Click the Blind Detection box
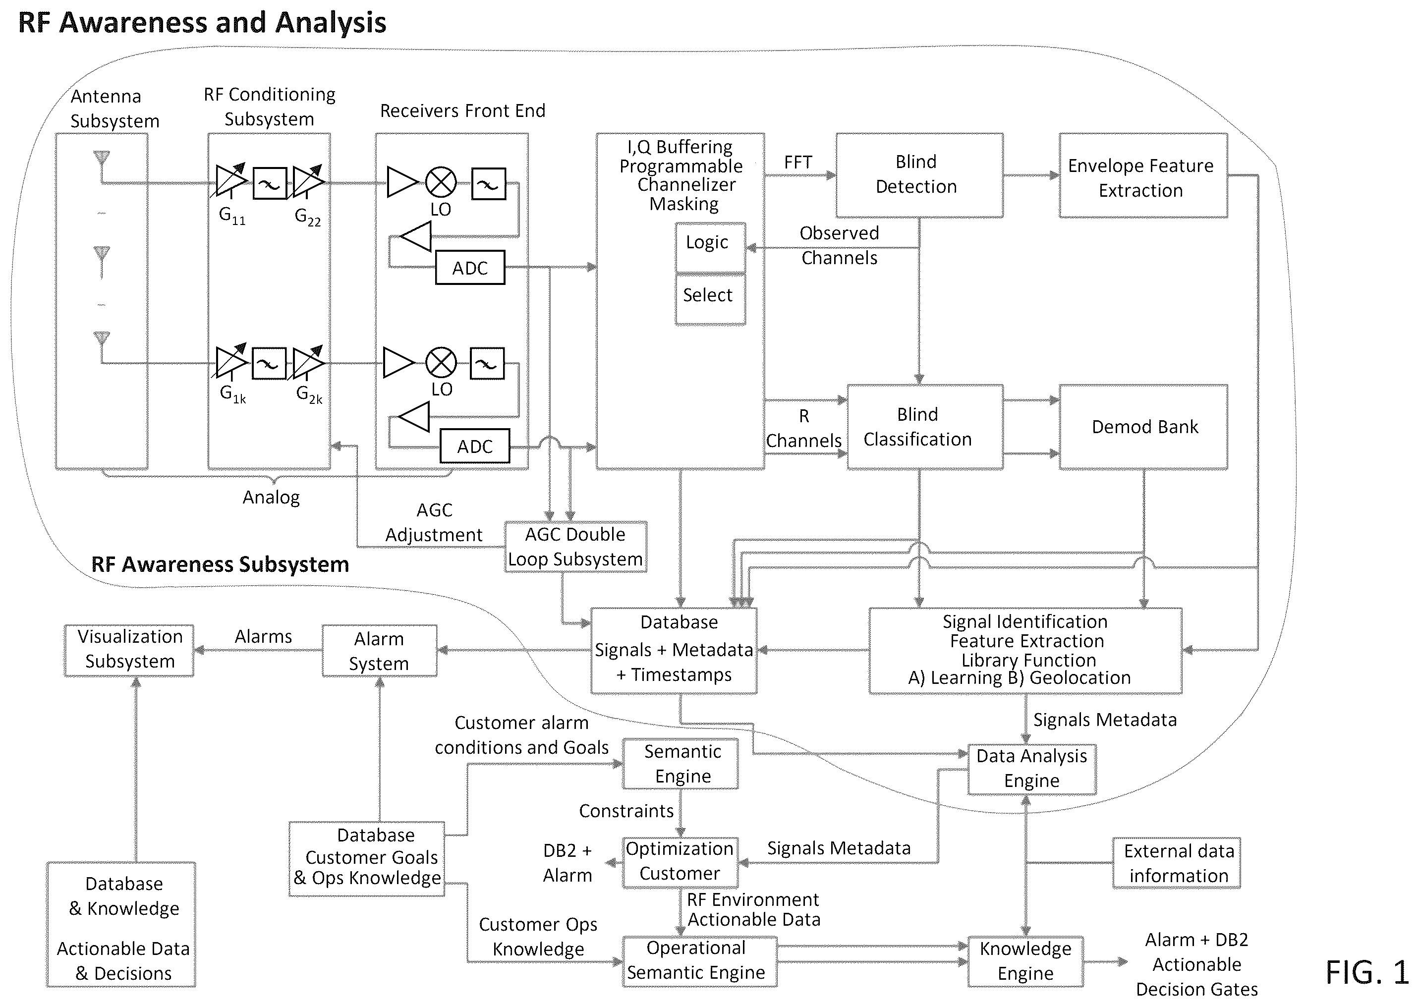(919, 175)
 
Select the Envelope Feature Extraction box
(1143, 175)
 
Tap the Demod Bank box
(1143, 427)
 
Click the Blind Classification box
(925, 427)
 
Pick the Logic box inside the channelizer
(710, 247)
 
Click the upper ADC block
(470, 268)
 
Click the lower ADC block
(474, 446)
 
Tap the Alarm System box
(379, 650)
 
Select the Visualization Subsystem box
(129, 650)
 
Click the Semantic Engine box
(680, 763)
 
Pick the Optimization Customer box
(680, 862)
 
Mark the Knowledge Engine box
(1025, 961)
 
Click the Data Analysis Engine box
(1032, 769)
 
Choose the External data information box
(1176, 863)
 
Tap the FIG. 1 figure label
(1366, 972)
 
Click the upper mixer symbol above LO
(441, 183)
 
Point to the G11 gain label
(232, 216)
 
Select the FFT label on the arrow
(798, 163)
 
